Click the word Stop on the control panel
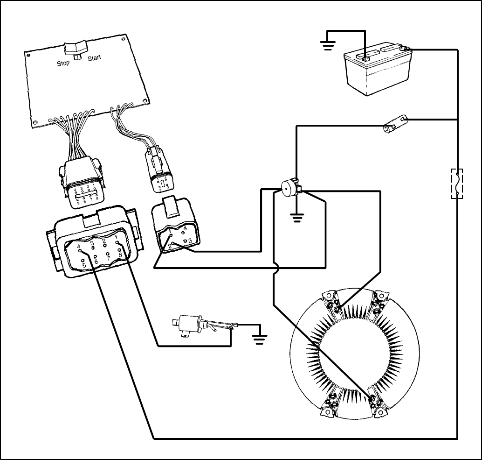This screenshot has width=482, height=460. (63, 63)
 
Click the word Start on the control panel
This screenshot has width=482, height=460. (94, 59)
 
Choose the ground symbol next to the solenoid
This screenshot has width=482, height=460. (259, 337)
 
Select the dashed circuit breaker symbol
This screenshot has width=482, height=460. (457, 183)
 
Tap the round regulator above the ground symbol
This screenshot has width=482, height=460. (288, 188)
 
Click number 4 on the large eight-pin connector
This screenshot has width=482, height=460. (79, 246)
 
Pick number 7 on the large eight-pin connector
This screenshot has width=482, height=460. (108, 258)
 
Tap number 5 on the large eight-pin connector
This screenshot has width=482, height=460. (84, 266)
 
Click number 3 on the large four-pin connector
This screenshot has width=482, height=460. (190, 241)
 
